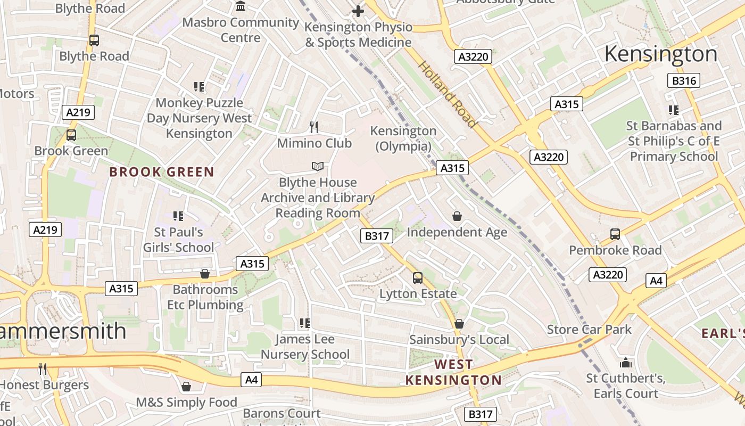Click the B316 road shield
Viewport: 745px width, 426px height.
click(x=683, y=80)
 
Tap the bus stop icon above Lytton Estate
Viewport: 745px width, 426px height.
click(x=418, y=277)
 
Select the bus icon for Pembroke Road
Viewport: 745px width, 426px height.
click(x=615, y=234)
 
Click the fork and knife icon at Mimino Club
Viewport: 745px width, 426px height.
click(x=314, y=127)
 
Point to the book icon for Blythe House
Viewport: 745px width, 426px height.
click(x=318, y=166)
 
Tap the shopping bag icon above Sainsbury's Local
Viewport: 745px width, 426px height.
click(x=459, y=324)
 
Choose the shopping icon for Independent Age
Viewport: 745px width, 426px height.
click(x=457, y=216)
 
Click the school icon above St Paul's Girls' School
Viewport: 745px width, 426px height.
click(x=178, y=216)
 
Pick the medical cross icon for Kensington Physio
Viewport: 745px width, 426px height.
click(x=358, y=11)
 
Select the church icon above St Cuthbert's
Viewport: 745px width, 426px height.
click(x=626, y=363)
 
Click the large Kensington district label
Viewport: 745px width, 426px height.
click(x=661, y=54)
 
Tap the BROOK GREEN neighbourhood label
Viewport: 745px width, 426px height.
click(x=161, y=172)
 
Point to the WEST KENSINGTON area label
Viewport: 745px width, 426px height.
click(x=453, y=372)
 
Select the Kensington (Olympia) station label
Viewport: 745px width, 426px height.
click(x=403, y=138)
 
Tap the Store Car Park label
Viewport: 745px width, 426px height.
click(x=589, y=329)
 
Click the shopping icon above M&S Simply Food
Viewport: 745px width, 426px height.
click(x=186, y=386)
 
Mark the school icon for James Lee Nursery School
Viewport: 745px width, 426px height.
click(x=305, y=323)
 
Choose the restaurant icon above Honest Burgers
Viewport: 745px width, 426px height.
click(x=43, y=368)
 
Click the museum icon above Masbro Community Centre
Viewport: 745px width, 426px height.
click(x=241, y=6)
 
